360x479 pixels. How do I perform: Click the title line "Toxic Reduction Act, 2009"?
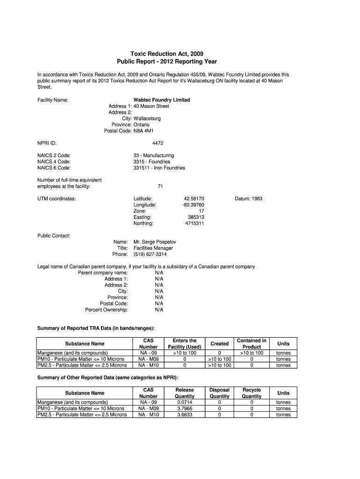167,54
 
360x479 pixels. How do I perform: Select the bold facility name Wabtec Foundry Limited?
162,100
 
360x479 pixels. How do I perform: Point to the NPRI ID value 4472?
158,143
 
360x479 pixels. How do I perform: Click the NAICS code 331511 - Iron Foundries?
159,168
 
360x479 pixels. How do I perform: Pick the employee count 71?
160,187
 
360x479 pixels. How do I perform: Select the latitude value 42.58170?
194,199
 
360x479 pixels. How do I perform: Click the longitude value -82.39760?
193,205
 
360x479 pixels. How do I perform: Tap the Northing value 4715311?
194,224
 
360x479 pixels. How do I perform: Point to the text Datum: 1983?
248,199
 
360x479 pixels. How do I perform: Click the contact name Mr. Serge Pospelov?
155,242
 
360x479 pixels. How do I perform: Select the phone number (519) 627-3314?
150,254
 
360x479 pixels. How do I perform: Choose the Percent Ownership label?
107,310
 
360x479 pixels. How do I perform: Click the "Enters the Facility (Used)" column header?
185,344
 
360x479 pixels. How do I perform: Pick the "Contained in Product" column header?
252,344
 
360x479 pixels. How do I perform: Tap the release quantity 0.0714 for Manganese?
185,402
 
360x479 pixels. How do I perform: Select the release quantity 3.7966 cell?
185,408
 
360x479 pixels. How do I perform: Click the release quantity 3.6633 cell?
185,414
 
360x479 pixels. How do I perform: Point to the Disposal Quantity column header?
219,393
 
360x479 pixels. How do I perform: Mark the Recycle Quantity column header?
252,393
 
